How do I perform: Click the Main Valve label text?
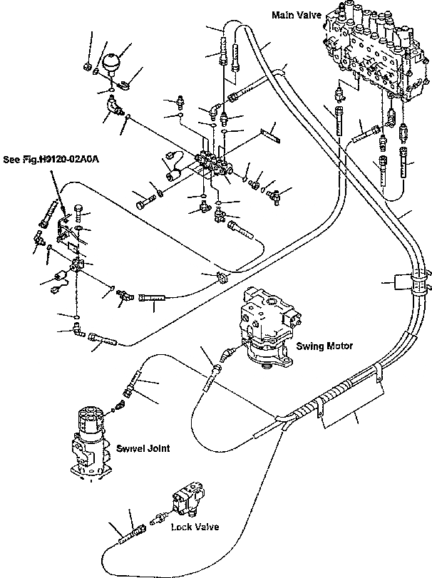pos(297,15)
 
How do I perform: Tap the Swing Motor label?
pos(324,346)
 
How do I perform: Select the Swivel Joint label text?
pos(143,448)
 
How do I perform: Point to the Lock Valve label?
pos(195,527)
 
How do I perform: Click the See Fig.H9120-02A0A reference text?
pos(51,160)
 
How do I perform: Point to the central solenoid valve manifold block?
pos(213,163)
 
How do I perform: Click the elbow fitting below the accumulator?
pos(115,104)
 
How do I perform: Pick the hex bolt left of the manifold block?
pos(146,202)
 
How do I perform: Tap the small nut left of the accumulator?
pos(88,67)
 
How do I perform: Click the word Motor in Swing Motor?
pos(339,346)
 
